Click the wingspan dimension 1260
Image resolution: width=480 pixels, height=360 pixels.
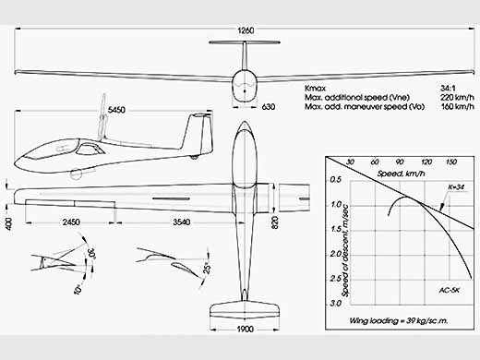point(246,30)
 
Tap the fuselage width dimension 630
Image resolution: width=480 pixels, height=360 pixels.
point(269,107)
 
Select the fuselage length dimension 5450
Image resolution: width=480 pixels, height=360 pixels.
point(116,110)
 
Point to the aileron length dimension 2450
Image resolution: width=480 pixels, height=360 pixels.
point(71,222)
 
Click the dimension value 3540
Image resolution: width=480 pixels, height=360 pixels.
point(181,222)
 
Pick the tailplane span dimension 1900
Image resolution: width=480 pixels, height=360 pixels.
point(246,329)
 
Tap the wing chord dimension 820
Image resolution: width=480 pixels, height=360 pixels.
point(275,222)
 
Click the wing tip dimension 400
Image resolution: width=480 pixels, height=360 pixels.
point(8,223)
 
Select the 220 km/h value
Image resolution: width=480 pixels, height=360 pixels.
point(457,98)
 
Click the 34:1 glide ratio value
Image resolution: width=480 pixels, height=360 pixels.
point(448,89)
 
